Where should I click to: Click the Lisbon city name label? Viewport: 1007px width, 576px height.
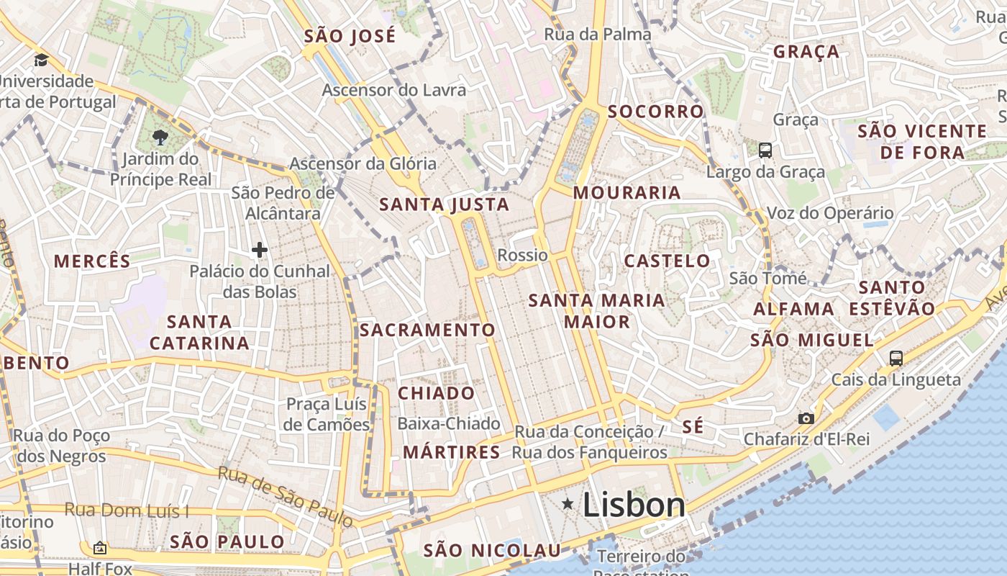tap(634, 505)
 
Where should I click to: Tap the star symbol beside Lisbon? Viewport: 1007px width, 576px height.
tap(568, 504)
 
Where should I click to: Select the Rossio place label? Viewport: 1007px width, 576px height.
tap(522, 255)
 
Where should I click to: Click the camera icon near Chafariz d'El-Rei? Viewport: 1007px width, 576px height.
tap(806, 418)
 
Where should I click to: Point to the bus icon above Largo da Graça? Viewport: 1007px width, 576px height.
tap(765, 150)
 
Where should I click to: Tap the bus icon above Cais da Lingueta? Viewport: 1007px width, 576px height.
tap(896, 358)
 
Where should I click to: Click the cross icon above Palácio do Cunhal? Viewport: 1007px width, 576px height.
tap(260, 250)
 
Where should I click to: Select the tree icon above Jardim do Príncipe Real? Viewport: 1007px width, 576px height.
tap(160, 138)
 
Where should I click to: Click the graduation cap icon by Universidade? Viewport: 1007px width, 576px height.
tap(41, 60)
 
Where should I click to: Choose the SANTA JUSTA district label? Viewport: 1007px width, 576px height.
tap(444, 204)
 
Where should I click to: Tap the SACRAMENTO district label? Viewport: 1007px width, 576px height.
tap(427, 330)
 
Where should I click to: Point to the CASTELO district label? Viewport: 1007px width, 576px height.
tap(667, 261)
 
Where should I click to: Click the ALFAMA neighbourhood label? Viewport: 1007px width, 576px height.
tap(793, 309)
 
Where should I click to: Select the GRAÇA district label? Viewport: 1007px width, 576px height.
tap(806, 52)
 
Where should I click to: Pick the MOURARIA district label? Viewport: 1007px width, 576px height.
tap(626, 192)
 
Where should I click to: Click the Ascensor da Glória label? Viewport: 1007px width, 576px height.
tap(363, 163)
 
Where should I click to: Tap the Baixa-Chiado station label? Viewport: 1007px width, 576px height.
tap(448, 423)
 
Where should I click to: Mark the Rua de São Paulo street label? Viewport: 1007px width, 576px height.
tap(286, 496)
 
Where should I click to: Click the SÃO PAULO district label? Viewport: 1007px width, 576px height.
tap(227, 541)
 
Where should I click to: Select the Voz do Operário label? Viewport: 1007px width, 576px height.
tap(830, 213)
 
